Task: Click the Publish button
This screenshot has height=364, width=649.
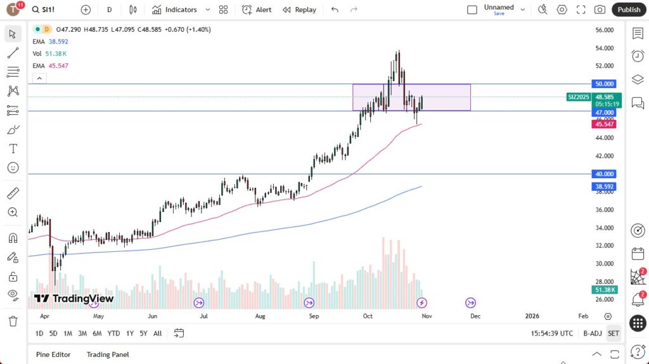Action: pyautogui.click(x=629, y=10)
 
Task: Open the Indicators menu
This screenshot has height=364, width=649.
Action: pyautogui.click(x=181, y=10)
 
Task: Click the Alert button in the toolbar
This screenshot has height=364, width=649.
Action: pyautogui.click(x=257, y=10)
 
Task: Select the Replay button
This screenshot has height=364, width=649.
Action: pyautogui.click(x=299, y=10)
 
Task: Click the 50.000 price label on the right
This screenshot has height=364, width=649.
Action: pyautogui.click(x=603, y=84)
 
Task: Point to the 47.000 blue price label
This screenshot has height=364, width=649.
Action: pyautogui.click(x=603, y=112)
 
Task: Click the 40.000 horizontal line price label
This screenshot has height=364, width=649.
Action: pyautogui.click(x=603, y=174)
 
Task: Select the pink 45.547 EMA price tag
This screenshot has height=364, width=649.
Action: pyautogui.click(x=603, y=124)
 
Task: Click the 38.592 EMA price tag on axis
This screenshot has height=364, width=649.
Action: pyautogui.click(x=603, y=187)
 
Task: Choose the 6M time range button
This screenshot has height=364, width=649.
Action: pyautogui.click(x=97, y=333)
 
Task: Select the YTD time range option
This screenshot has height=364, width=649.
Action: pyautogui.click(x=113, y=333)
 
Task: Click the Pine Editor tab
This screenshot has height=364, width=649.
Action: pyautogui.click(x=53, y=354)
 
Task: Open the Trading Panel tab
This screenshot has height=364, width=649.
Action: pyautogui.click(x=108, y=354)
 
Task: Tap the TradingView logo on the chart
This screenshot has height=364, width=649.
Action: pyautogui.click(x=74, y=299)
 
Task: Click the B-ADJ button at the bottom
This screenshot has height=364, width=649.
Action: pyautogui.click(x=592, y=333)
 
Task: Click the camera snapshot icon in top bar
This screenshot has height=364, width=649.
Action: pyautogui.click(x=599, y=10)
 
